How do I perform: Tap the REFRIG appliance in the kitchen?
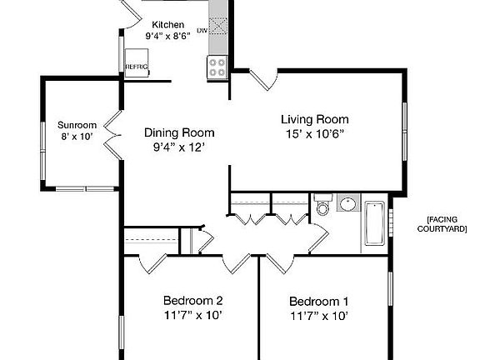point(136,67)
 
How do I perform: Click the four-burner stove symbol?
point(217,67)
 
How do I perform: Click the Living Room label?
point(314,119)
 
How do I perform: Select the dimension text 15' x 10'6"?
point(314,133)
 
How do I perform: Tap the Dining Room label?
point(179,132)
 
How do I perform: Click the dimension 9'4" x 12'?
point(179,147)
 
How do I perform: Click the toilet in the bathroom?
point(323,207)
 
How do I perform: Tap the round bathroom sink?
point(347,205)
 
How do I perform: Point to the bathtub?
point(375,222)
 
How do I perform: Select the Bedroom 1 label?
point(318,301)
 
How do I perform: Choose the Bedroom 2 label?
point(192,300)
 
